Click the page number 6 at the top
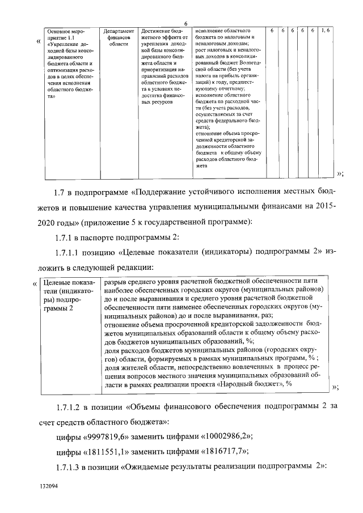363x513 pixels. (x=185, y=23)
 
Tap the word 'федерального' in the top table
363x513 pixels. (x=237, y=120)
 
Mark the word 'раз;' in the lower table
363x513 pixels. (x=266, y=315)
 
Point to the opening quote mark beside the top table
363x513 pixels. (x=37, y=41)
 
